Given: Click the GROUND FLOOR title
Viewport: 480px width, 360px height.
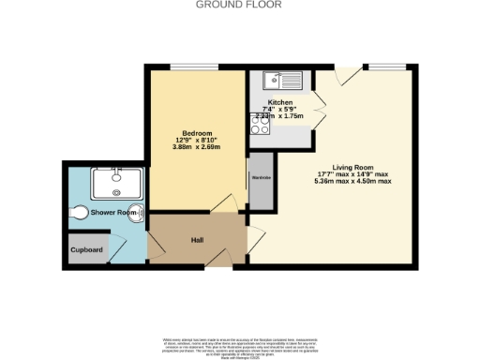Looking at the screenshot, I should (x=239, y=5).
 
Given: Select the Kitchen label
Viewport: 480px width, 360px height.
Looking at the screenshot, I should (x=280, y=102).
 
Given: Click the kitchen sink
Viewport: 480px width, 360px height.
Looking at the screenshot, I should (x=280, y=80).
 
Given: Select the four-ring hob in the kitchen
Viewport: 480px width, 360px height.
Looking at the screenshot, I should (x=260, y=124).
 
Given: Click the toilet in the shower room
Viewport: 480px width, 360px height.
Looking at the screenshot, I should (x=80, y=212).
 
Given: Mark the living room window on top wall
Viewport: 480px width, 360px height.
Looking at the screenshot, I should (x=385, y=66).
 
